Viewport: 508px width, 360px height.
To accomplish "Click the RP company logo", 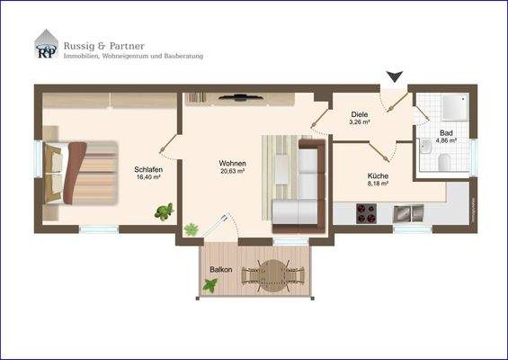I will [x=46, y=45].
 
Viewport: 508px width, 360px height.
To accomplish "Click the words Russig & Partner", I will [x=103, y=45].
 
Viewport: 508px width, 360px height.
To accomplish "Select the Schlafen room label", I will [x=147, y=168].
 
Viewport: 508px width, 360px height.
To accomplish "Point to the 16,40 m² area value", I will [x=147, y=177].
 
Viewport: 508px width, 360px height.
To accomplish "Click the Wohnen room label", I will [x=232, y=163].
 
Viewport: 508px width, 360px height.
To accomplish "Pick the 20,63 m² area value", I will [x=232, y=172].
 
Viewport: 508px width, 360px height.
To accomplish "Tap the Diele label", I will [x=360, y=114].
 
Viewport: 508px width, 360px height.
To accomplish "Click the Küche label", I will [x=378, y=175].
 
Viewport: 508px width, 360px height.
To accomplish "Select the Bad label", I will [x=446, y=131].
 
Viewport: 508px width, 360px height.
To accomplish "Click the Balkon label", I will [x=221, y=270].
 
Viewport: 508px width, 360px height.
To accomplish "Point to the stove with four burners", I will [x=367, y=213].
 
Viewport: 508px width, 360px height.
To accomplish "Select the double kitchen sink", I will [x=410, y=212].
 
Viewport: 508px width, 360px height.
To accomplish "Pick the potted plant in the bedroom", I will [x=164, y=212].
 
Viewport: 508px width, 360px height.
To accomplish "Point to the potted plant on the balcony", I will [x=209, y=286].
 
